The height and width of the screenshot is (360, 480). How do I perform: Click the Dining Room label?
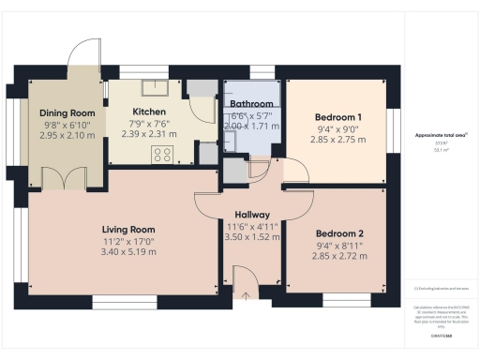[65, 111]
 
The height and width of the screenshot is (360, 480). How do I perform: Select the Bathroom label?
[252, 103]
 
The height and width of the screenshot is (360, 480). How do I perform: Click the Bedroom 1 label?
[338, 117]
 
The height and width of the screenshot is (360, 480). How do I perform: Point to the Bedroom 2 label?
[338, 233]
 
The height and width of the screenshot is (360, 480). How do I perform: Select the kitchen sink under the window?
[154, 87]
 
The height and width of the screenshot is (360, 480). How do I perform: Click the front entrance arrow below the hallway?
[247, 296]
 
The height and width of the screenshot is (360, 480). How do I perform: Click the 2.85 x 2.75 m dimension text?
[338, 140]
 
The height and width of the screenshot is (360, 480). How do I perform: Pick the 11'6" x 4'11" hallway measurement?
[252, 226]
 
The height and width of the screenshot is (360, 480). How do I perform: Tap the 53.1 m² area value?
[440, 149]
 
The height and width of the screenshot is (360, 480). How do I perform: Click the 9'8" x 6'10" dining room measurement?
[65, 123]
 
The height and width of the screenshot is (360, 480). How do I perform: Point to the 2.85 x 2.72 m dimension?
[338, 256]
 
